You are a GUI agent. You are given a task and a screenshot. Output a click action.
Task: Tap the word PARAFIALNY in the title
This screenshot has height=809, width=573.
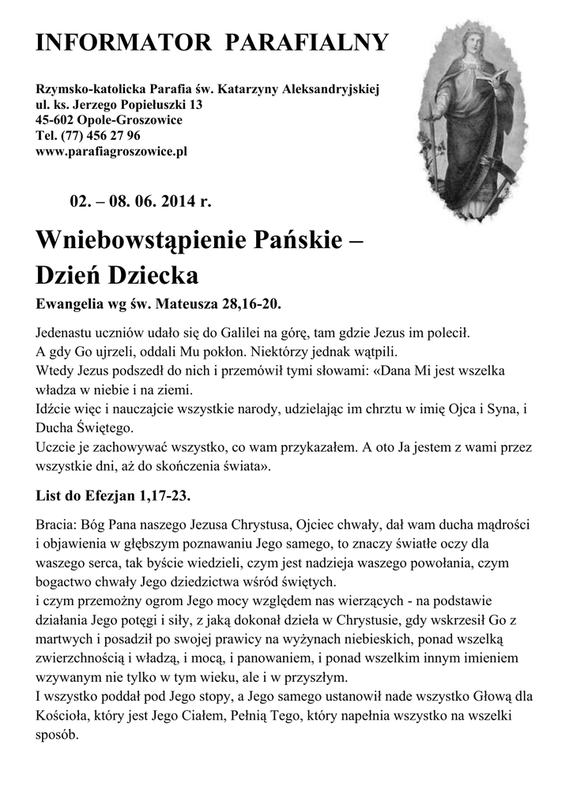[x=307, y=43]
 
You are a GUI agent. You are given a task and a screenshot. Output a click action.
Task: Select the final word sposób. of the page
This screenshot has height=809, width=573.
[x=58, y=734]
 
